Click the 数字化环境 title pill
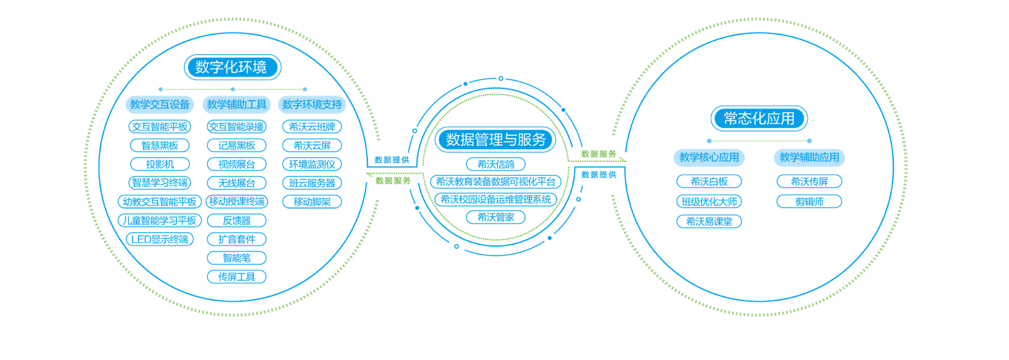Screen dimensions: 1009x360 [232, 67]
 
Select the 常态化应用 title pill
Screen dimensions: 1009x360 [759, 118]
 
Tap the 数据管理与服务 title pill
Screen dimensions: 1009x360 [496, 140]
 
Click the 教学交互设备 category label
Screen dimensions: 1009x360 [160, 104]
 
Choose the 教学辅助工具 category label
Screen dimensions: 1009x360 [237, 104]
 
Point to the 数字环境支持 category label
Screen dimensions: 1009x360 [312, 104]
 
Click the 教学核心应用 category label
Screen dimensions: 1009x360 [709, 157]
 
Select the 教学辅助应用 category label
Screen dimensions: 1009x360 [810, 157]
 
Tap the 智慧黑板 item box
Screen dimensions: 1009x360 [160, 145]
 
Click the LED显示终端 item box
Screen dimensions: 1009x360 [160, 239]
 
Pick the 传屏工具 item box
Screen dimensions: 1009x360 [237, 277]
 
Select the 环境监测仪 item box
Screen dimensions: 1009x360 [312, 164]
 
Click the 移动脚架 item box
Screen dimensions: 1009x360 [312, 202]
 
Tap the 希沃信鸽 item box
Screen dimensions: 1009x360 [496, 164]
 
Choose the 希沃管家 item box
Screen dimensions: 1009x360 [496, 217]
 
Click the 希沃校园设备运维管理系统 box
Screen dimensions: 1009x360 [496, 199]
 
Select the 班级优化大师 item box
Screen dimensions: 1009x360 [709, 201]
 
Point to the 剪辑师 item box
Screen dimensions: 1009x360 [810, 201]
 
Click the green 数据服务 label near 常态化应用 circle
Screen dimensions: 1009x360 [599, 154]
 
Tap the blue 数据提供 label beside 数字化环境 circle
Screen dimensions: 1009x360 [392, 160]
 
